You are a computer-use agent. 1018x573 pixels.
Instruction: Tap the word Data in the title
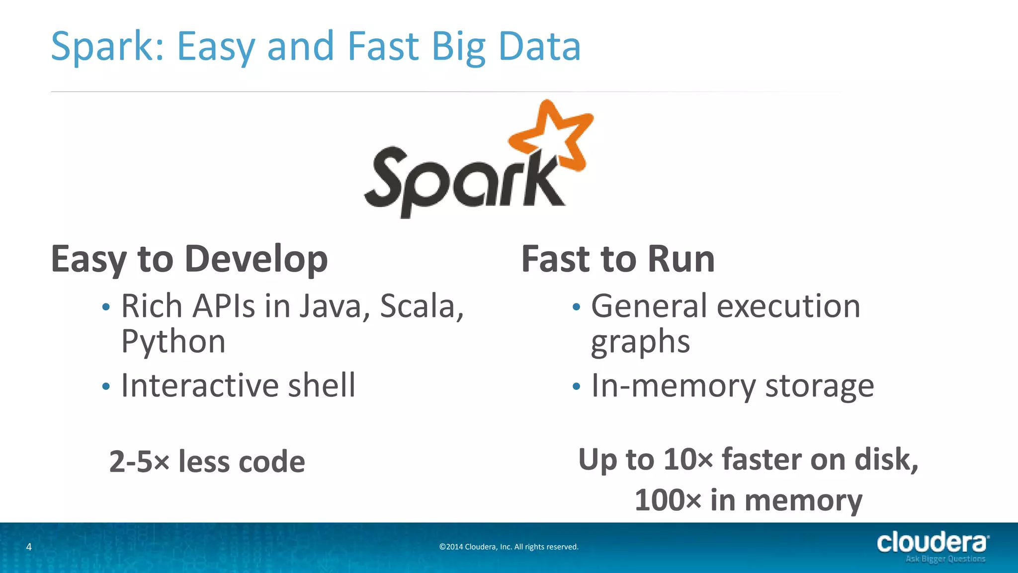(x=539, y=47)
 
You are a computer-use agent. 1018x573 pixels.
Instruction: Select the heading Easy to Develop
(x=189, y=260)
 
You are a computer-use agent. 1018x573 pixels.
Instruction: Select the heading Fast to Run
(x=618, y=260)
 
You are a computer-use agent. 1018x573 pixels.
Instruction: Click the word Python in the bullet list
(x=173, y=342)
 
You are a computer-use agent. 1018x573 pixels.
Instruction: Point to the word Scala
(x=422, y=306)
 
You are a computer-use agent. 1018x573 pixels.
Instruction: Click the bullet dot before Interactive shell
(x=105, y=386)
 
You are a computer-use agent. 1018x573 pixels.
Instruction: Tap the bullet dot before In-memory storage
(x=576, y=386)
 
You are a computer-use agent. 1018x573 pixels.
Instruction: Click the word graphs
(x=640, y=343)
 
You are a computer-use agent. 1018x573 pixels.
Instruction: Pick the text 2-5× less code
(x=207, y=462)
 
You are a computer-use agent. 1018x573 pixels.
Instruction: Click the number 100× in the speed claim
(x=668, y=500)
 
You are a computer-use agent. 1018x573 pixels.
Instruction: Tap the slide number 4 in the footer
(x=29, y=547)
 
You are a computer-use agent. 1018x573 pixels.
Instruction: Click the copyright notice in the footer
(x=509, y=547)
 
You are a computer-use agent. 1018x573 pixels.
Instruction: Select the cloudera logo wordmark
(x=932, y=542)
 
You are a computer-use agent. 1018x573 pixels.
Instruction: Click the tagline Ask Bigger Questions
(x=945, y=559)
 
